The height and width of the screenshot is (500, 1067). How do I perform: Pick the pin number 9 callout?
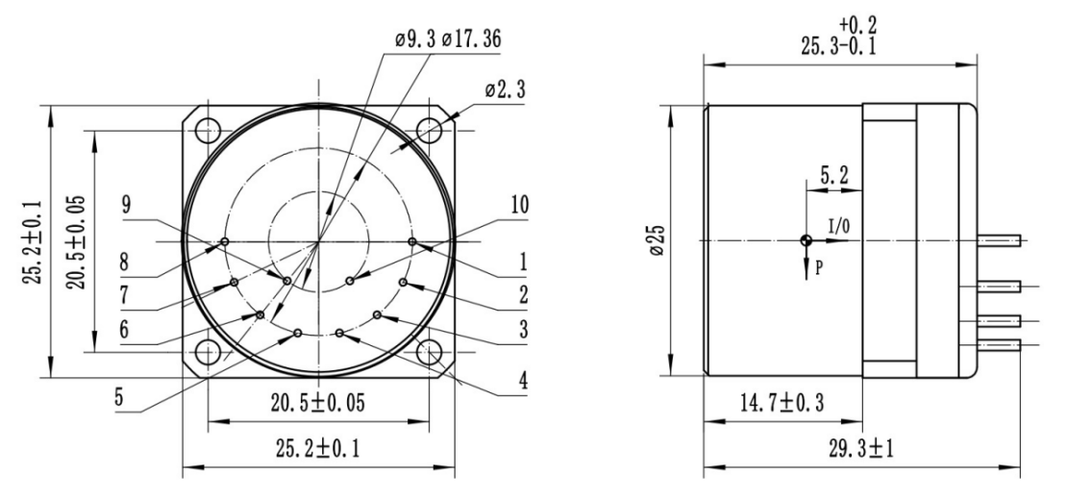click(127, 205)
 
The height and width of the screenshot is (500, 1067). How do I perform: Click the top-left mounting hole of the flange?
click(212, 127)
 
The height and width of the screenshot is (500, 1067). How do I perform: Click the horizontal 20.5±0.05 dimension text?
click(318, 403)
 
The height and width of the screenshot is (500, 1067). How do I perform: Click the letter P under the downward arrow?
click(818, 268)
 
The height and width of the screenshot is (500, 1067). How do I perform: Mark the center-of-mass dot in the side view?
click(805, 240)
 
